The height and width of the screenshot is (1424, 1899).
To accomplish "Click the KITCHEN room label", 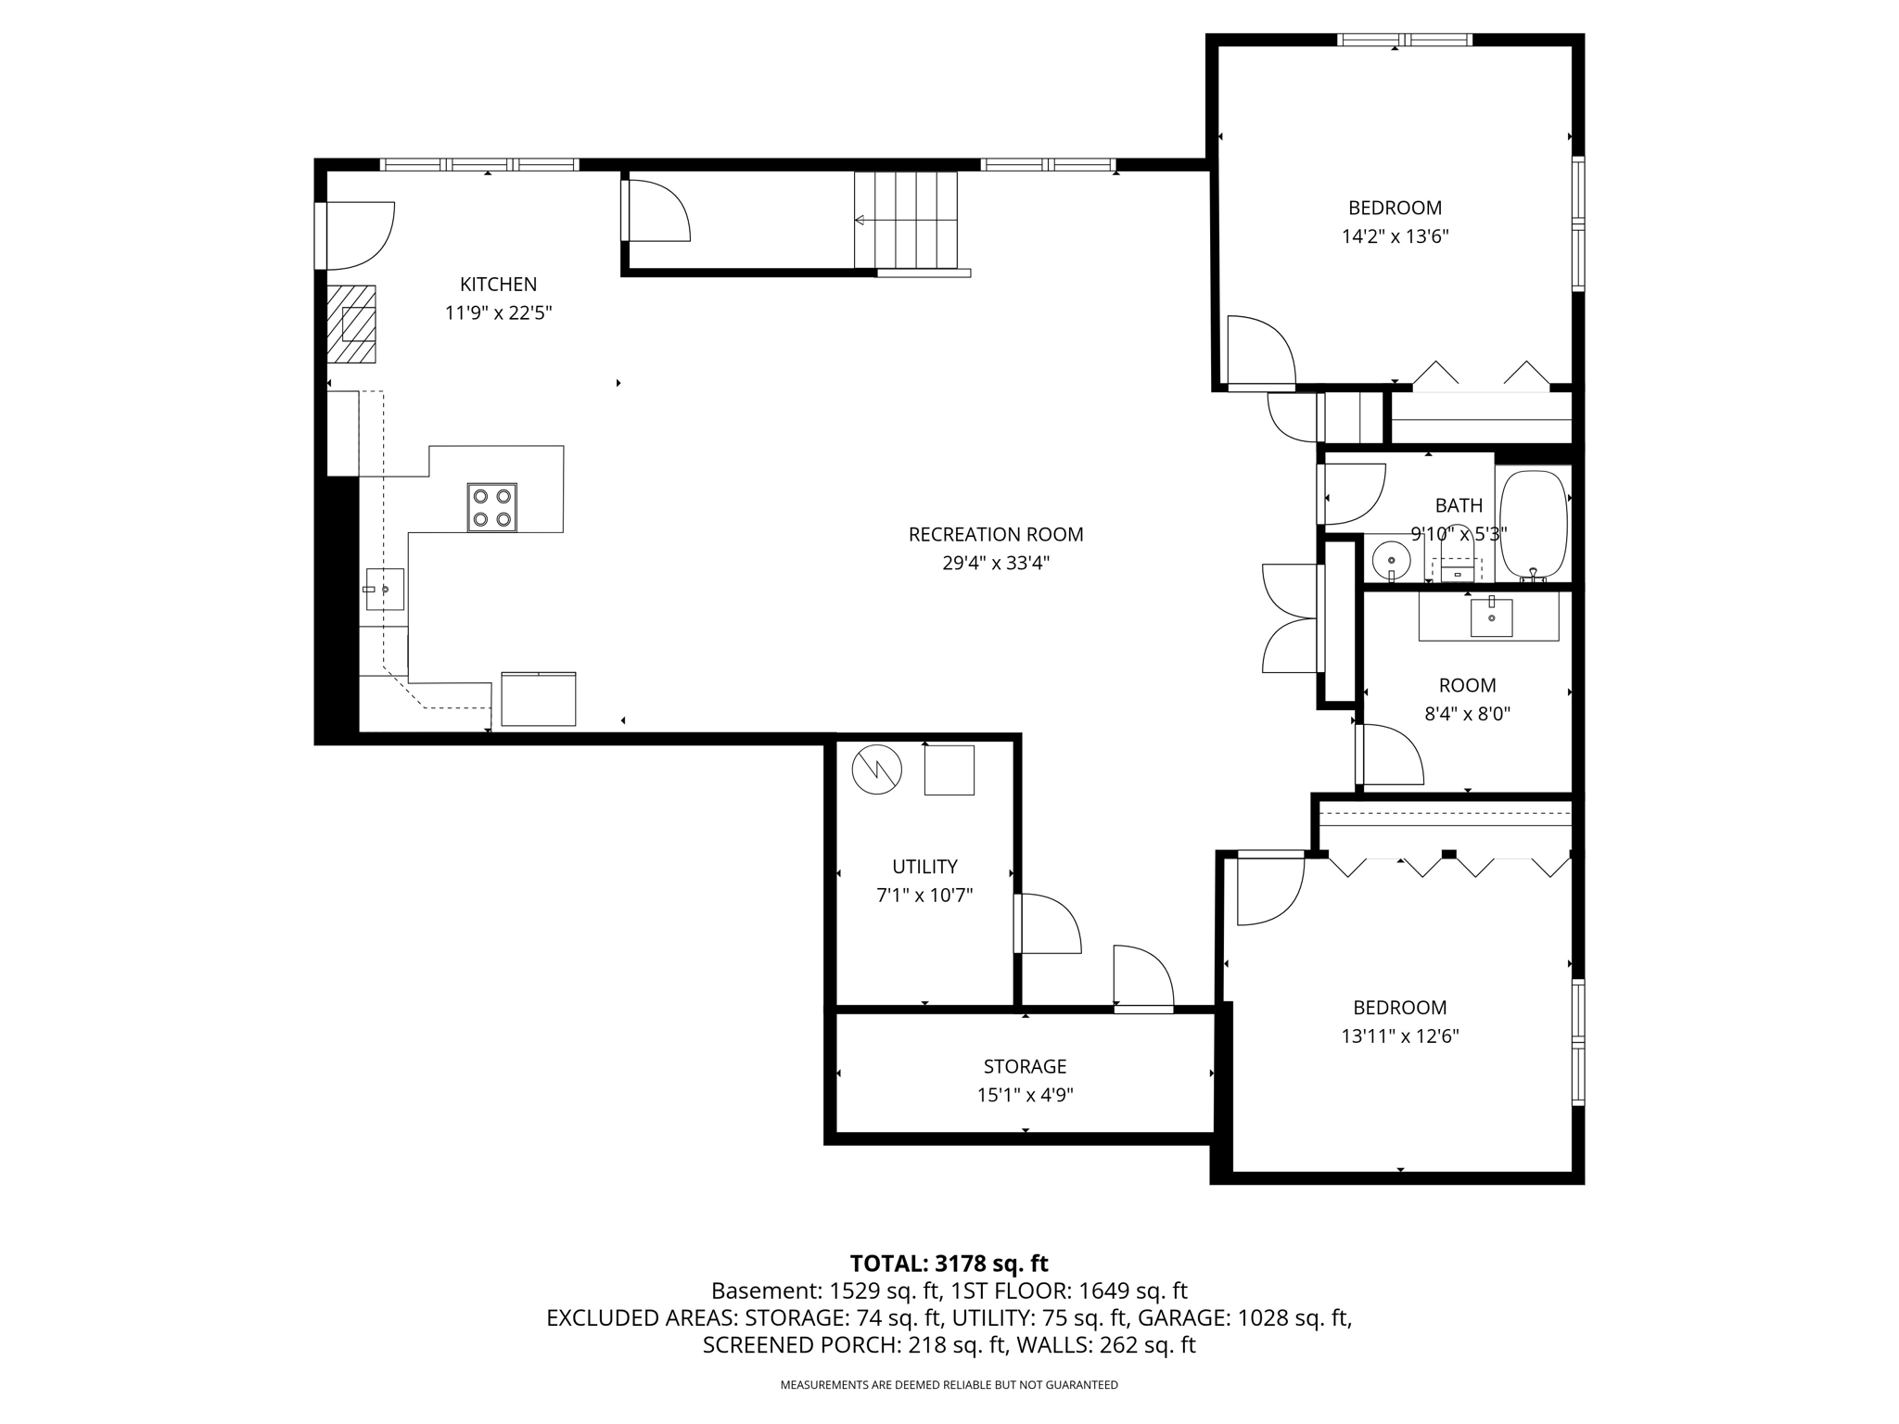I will [x=498, y=285].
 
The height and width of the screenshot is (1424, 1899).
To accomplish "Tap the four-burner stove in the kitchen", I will [x=491, y=507].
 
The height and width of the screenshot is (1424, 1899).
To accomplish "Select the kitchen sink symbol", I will [x=385, y=589].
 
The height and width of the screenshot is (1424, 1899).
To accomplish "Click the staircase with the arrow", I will [x=905, y=220].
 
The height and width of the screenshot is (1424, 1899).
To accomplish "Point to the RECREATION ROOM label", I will [x=995, y=535].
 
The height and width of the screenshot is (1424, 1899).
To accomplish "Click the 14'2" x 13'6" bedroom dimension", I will [x=1395, y=236].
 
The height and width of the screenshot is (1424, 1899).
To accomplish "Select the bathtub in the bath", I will [x=1534, y=524].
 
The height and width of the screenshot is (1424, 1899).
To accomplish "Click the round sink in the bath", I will [x=1391, y=560].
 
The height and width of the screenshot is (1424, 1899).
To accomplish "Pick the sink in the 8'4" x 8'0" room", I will [x=1491, y=617].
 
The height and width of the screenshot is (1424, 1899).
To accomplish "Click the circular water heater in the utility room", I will [x=876, y=769].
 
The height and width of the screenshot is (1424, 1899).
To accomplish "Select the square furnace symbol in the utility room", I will [x=949, y=769].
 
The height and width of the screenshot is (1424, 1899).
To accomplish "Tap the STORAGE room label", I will [x=1025, y=1066].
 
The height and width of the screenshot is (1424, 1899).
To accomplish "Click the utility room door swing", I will [x=1050, y=923].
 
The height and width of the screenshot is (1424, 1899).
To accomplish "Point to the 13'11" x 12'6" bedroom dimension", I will [x=1399, y=1036].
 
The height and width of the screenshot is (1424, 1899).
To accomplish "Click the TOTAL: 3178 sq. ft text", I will [x=949, y=1264].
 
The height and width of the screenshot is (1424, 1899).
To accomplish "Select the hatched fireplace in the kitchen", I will [x=351, y=324].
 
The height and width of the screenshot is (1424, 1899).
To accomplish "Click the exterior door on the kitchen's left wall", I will [x=357, y=235].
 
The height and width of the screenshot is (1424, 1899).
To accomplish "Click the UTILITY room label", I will [x=924, y=867].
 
